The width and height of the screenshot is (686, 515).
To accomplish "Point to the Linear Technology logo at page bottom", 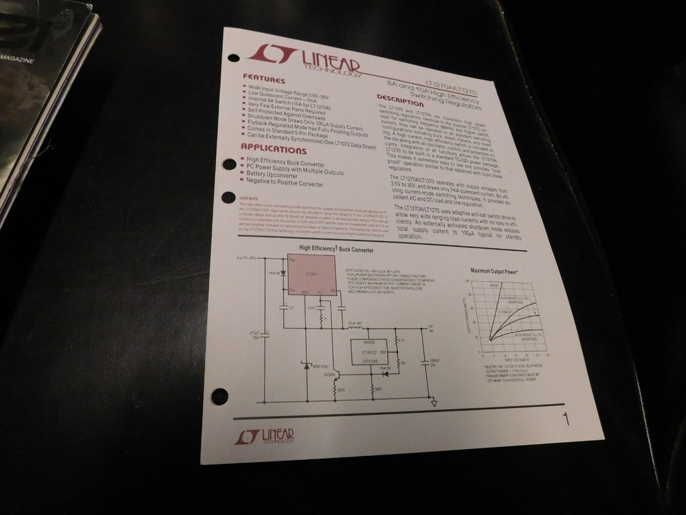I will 265,436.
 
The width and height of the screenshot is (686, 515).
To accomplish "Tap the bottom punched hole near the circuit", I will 220,396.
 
